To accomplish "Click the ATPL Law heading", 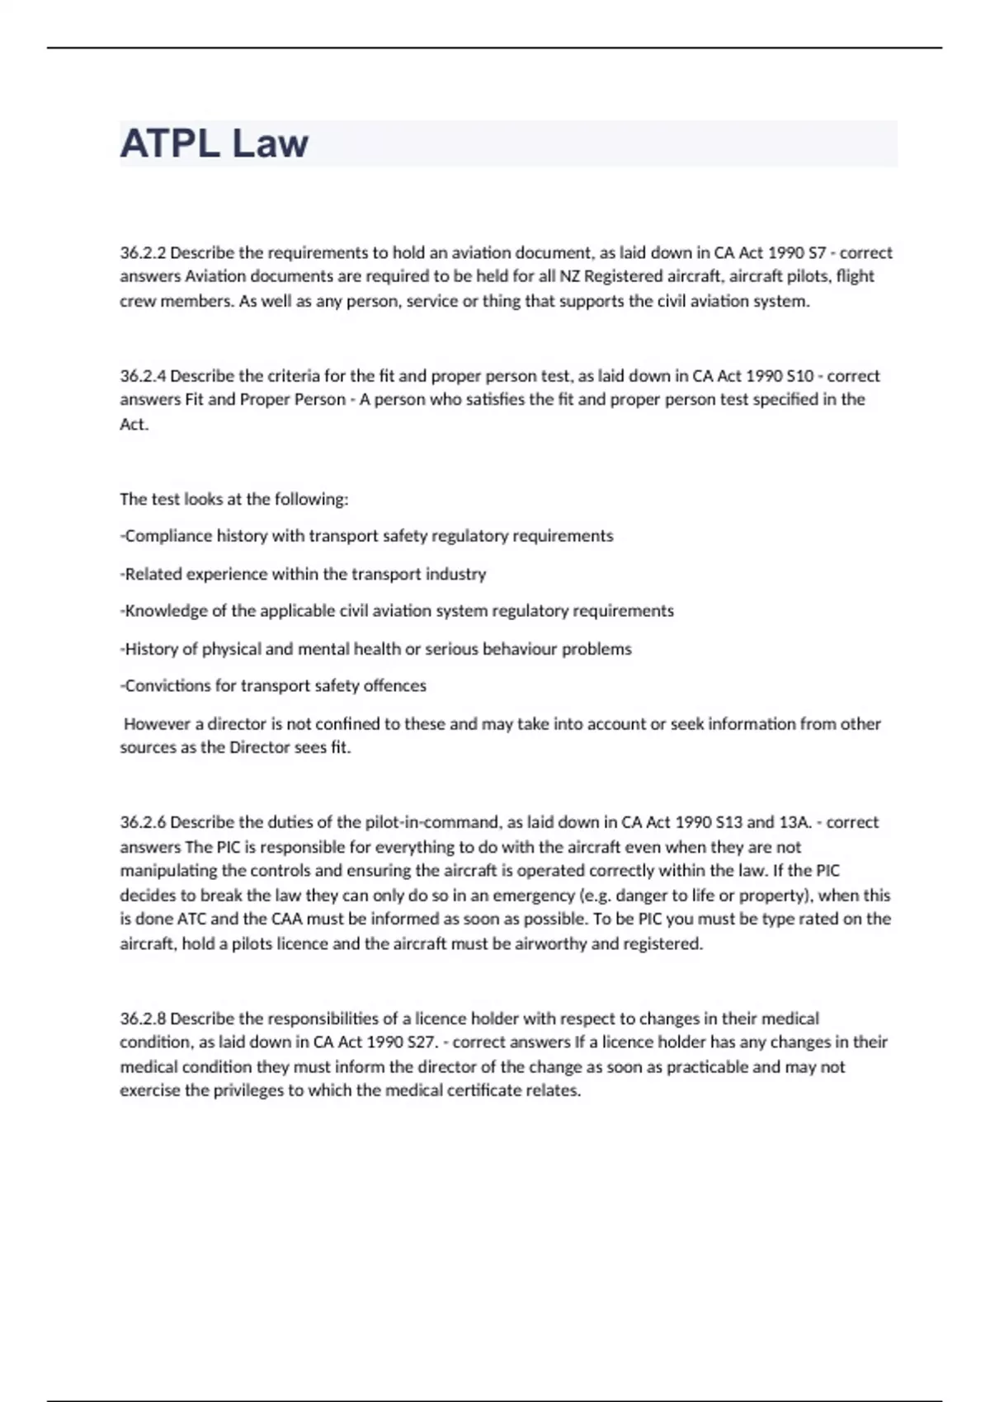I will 214,143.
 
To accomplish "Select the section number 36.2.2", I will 143,252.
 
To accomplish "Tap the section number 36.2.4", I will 143,376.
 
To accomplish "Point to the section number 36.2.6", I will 143,822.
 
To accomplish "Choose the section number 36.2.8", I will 143,1019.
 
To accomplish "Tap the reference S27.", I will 422,1042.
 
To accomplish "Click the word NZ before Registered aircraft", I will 570,276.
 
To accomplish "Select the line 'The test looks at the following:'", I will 234,499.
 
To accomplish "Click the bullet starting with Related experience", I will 304,574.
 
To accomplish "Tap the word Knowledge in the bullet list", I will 165,611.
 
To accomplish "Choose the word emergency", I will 534,896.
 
